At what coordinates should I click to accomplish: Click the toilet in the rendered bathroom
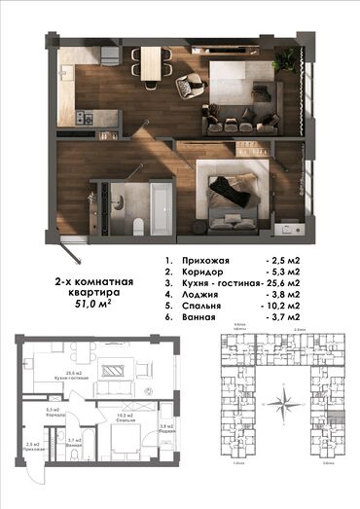[139, 224]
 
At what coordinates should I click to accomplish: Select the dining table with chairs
[152, 64]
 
